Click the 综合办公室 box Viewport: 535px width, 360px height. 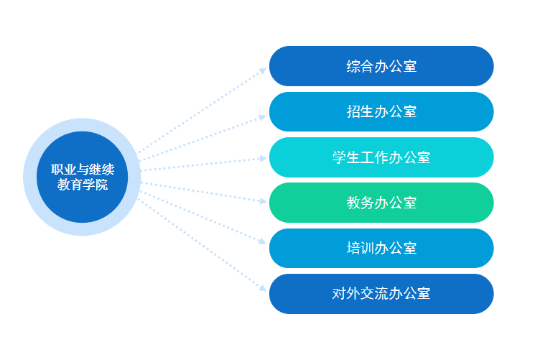coord(381,66)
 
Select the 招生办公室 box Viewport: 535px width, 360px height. coord(381,111)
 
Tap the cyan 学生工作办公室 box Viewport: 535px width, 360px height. coord(381,157)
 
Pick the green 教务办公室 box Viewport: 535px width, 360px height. coord(381,203)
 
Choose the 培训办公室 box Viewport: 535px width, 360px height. coord(381,248)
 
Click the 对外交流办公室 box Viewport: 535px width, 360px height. coord(381,294)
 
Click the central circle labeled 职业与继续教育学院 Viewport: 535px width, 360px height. coord(83,177)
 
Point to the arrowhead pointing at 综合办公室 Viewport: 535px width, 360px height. coord(263,70)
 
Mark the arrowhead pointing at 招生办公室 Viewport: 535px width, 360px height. coord(263,118)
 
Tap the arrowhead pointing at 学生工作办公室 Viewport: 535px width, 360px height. coord(263,159)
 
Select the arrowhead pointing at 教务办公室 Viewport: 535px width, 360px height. coord(263,200)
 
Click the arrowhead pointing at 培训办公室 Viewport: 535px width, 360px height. coord(263,241)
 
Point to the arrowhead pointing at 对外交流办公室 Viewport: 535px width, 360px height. coord(263,288)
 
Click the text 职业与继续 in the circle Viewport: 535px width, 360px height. coord(83,170)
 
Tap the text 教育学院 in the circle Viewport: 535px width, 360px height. coord(83,185)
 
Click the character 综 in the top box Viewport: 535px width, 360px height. coord(353,66)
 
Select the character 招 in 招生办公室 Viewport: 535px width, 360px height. coord(353,111)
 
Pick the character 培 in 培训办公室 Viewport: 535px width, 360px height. coord(353,249)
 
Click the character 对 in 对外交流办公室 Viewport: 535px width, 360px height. coord(339,294)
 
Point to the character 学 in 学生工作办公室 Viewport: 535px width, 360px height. coord(339,157)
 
